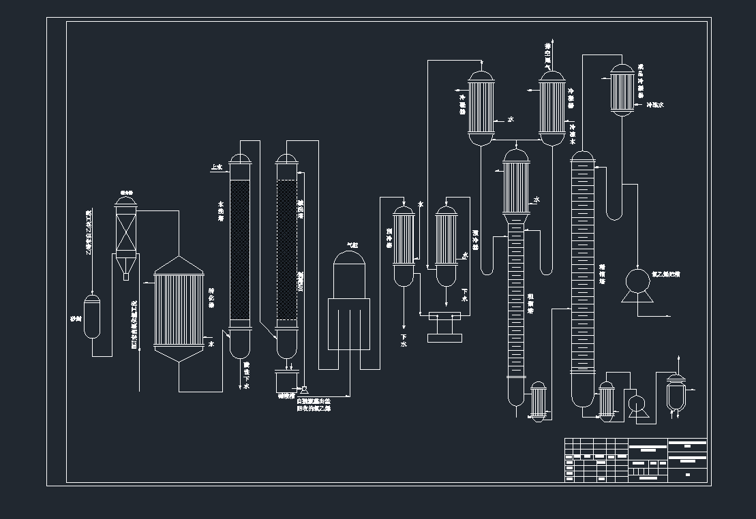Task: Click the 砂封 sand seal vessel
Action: tap(92, 317)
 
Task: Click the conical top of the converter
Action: tap(179, 265)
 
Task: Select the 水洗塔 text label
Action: tap(220, 208)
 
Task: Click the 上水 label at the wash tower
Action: tap(216, 166)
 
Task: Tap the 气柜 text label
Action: tap(352, 245)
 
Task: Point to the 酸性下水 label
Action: tap(246, 375)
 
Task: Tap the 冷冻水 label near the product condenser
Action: tap(654, 105)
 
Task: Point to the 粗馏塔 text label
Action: tap(530, 304)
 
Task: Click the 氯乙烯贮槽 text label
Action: tap(665, 274)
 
